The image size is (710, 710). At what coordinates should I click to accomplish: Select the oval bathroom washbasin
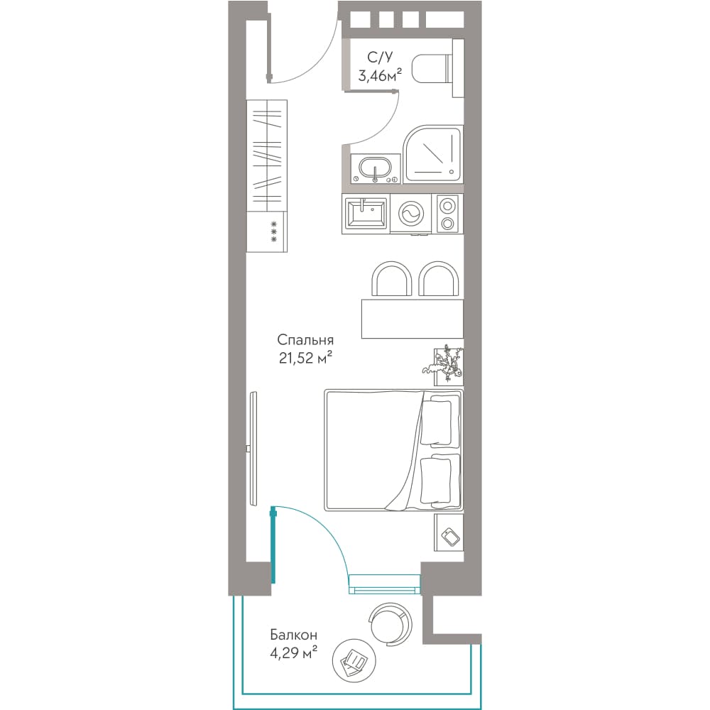[x=376, y=170]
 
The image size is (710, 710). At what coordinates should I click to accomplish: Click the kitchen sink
[x=366, y=214]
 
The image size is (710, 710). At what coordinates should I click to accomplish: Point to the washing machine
[x=411, y=214]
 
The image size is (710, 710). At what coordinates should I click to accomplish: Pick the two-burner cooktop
[x=447, y=214]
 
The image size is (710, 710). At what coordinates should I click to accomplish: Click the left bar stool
[x=392, y=279]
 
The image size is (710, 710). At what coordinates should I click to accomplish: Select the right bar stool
[x=439, y=279]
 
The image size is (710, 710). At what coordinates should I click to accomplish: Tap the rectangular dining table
[x=413, y=318]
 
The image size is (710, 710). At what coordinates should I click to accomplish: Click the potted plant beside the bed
[x=446, y=365]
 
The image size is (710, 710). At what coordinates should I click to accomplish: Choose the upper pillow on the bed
[x=437, y=420]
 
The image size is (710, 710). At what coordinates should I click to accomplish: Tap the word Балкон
[x=293, y=635]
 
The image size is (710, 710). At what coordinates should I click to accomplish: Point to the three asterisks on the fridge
[x=273, y=231]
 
